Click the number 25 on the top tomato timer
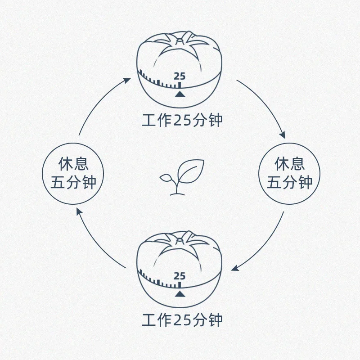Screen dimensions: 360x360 click(180, 76)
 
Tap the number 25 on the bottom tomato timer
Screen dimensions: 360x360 click(180, 276)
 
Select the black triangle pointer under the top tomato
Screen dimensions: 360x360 click(180, 94)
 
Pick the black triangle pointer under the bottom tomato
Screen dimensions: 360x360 click(180, 294)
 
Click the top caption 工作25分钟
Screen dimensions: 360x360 click(182, 121)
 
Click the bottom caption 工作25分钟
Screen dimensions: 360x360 click(182, 320)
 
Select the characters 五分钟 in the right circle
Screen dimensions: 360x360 click(289, 182)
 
